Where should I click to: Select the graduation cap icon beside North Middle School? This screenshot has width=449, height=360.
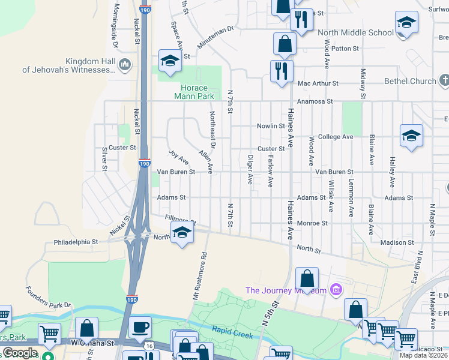click(406, 23)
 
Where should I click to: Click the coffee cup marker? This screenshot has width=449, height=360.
click(140, 328)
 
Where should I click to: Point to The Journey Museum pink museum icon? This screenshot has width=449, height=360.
click(336, 290)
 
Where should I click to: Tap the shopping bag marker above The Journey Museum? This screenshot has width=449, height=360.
click(307, 279)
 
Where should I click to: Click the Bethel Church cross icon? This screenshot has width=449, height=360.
click(444, 80)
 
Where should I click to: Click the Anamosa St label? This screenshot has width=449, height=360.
click(315, 101)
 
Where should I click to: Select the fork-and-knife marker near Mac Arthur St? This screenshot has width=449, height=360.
click(281, 71)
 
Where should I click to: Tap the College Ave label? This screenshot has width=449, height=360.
click(336, 137)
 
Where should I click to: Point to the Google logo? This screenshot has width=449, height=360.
click(19, 353)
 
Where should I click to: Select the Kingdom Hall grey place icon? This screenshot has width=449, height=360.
click(125, 64)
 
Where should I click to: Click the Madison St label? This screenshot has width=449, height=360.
click(397, 242)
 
